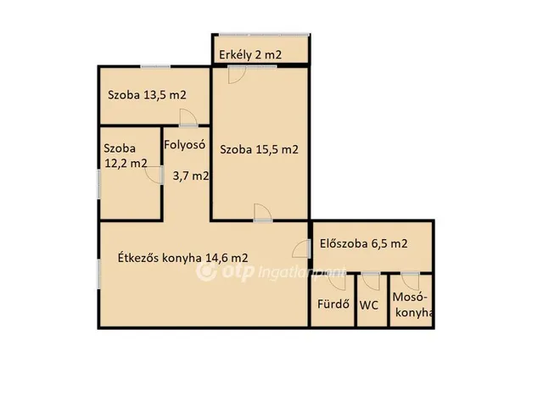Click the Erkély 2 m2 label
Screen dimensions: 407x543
[x=250, y=55]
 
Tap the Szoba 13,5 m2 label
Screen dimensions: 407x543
[x=146, y=95]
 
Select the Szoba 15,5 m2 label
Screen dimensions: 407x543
[x=259, y=150]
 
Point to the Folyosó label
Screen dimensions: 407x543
[x=185, y=144]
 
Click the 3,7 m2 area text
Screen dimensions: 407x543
[x=190, y=176]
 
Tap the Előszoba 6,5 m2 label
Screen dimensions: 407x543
[x=363, y=243]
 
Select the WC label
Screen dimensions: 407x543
[x=369, y=304]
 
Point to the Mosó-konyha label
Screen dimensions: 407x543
[x=412, y=305]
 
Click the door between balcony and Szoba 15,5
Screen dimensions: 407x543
[x=238, y=75]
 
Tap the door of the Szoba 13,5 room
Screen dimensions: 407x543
[x=187, y=118]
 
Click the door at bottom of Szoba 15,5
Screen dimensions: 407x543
[x=263, y=213]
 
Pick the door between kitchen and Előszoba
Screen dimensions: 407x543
[x=301, y=248]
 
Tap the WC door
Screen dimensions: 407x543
[x=370, y=281]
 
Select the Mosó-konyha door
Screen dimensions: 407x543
[x=410, y=281]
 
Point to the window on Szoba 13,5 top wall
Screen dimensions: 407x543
[x=156, y=66]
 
